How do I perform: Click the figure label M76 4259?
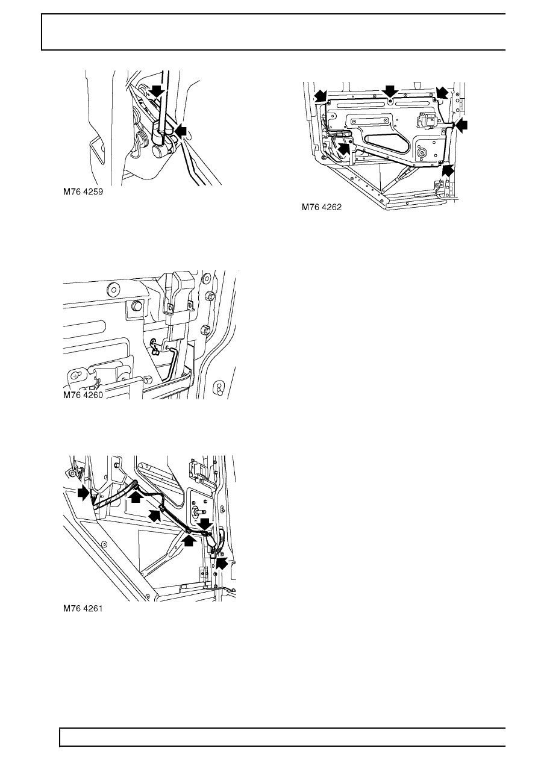(83, 192)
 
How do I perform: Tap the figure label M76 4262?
(322, 207)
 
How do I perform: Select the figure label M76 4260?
(83, 395)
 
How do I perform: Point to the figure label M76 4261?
(83, 608)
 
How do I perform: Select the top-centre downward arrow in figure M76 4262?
(390, 92)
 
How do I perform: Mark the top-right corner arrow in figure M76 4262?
(442, 92)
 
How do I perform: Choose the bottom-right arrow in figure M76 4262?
(448, 169)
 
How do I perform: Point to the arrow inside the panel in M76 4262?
(343, 149)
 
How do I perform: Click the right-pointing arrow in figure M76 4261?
(83, 494)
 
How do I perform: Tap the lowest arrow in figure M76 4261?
(221, 563)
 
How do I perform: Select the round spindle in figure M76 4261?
(197, 512)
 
